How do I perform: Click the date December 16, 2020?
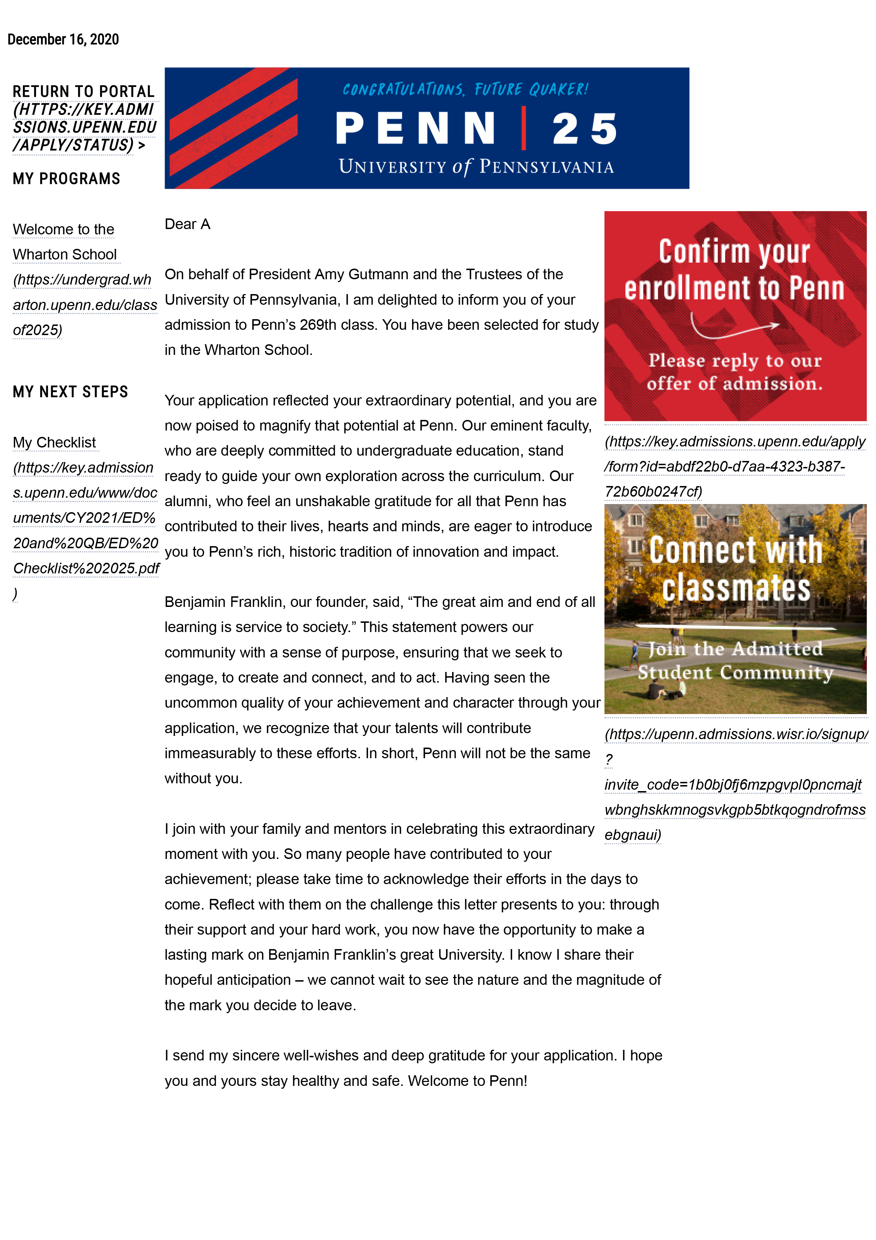coord(63,40)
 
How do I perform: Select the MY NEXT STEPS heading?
coord(70,392)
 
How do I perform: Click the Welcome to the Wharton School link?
coord(64,241)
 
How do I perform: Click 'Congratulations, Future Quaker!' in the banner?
coord(465,89)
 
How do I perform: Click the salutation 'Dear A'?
coord(187,224)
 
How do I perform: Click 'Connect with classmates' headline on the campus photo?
coord(736,568)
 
